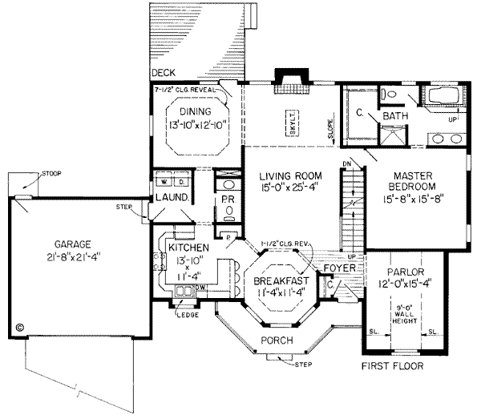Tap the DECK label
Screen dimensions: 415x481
[164, 72]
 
